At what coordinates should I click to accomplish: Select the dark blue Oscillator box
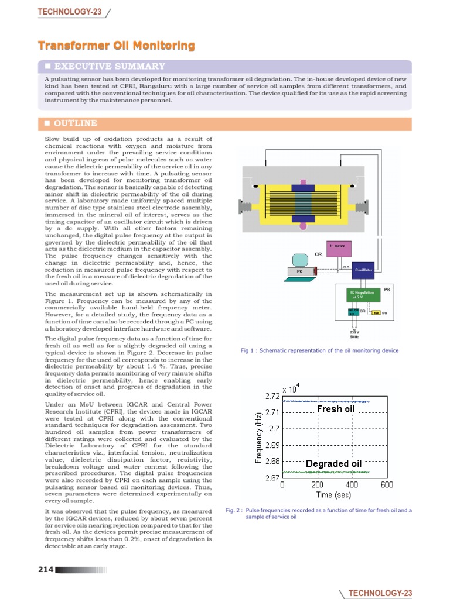click(363, 270)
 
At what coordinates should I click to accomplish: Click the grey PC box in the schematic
click(299, 271)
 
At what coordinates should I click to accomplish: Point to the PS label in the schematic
click(387, 290)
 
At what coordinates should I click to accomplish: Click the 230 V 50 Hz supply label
click(354, 335)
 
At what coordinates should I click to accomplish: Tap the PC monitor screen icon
click(301, 257)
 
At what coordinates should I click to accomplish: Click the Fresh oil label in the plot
click(336, 409)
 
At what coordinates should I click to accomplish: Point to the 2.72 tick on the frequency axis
click(272, 396)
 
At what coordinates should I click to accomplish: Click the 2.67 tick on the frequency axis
click(272, 477)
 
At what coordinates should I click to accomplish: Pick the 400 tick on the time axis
click(352, 485)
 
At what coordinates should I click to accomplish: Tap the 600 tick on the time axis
click(387, 485)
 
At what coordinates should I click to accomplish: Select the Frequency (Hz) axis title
click(258, 436)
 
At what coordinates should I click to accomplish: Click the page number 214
click(46, 570)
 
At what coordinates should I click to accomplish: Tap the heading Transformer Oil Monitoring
click(117, 46)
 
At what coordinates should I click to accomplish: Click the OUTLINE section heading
click(76, 123)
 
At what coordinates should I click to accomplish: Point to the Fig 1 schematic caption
click(319, 350)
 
